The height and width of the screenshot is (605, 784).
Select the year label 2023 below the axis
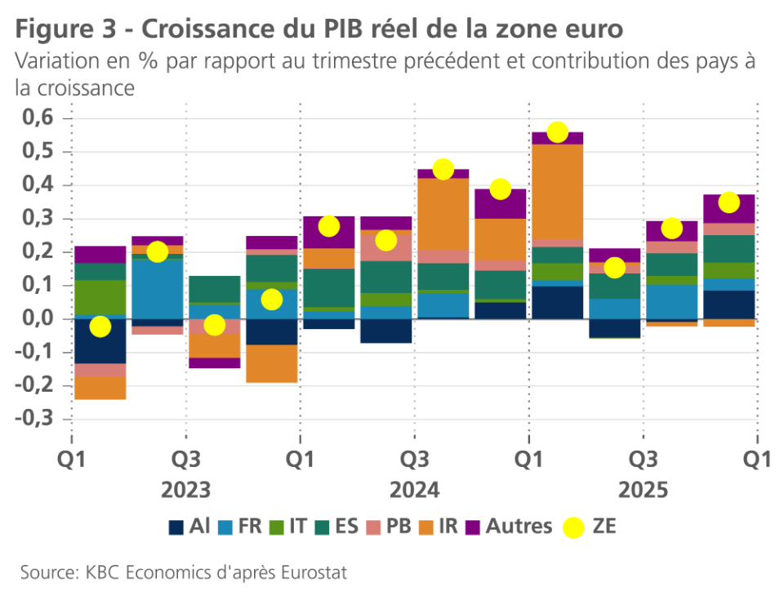click(x=186, y=491)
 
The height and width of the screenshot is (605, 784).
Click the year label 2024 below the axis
click(x=415, y=491)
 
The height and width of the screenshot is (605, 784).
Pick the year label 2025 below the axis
click(x=644, y=491)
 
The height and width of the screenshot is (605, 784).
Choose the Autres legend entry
click(x=509, y=527)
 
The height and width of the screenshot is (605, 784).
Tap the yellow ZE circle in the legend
click(x=575, y=527)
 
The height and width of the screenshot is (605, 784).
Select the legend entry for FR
click(x=241, y=527)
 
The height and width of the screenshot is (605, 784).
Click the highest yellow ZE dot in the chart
click(x=558, y=132)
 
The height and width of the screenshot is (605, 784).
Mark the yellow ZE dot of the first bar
click(x=100, y=327)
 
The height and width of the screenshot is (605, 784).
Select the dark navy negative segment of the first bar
click(x=100, y=340)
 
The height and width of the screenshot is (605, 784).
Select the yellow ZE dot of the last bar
click(x=729, y=202)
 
